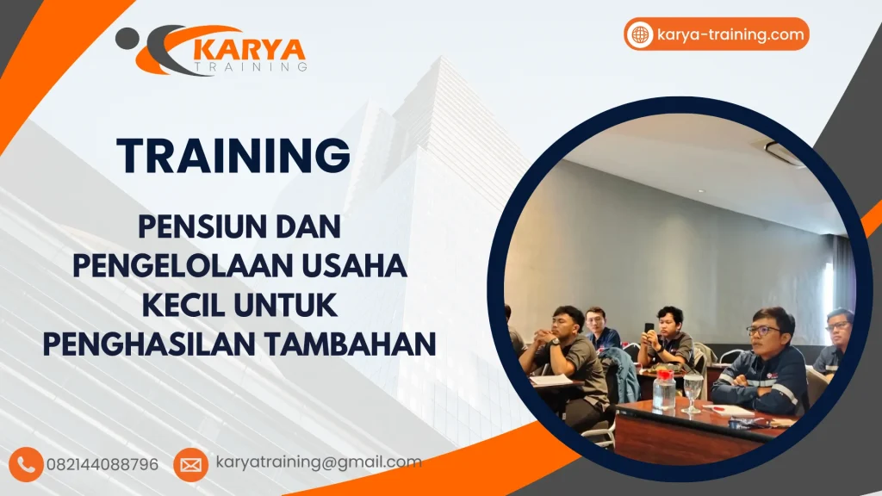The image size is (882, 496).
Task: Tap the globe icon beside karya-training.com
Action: tap(641, 35)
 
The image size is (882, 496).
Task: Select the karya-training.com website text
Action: tap(730, 35)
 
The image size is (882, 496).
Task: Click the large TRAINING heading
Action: tap(233, 156)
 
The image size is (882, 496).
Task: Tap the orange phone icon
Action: tap(27, 464)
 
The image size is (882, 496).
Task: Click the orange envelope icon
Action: tap(190, 464)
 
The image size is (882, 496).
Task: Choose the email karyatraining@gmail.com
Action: tap(319, 462)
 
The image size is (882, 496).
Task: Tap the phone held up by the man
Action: tap(649, 328)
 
